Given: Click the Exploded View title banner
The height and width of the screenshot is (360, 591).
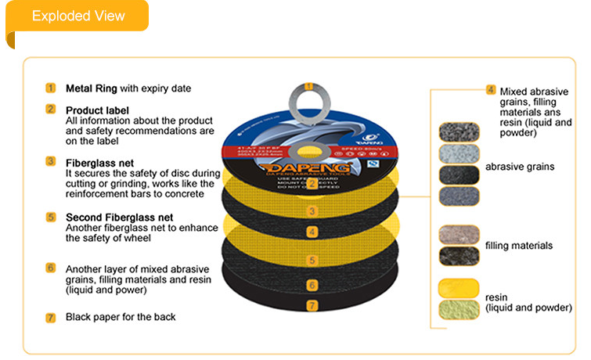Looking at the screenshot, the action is tap(77, 16).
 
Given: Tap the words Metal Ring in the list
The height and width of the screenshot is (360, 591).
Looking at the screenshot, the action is tap(90, 88).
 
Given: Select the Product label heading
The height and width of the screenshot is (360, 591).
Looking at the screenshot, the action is tap(97, 110).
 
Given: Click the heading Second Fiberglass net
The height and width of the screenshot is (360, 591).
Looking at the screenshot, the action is tap(118, 217).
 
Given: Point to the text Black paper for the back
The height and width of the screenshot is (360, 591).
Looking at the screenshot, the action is tap(121, 317).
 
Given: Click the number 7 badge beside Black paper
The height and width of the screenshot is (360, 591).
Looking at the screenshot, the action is tap(51, 318).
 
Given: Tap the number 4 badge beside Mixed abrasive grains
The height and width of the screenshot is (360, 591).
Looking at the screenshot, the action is tap(491, 90).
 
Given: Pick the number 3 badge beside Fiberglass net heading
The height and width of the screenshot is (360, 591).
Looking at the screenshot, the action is tap(51, 162).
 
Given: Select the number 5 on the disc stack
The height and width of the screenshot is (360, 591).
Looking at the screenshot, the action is tap(311, 260).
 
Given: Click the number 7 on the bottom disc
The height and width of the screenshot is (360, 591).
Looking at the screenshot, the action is tap(311, 304).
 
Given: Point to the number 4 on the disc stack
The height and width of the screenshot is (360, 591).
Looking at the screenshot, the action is tap(311, 232).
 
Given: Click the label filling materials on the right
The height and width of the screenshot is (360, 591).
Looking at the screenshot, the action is tap(519, 246).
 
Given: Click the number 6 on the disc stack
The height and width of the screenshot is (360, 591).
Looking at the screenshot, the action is tap(311, 286).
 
